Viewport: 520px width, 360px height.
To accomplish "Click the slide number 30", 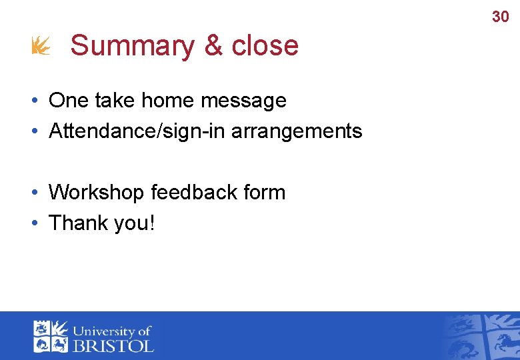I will pyautogui.click(x=500, y=17).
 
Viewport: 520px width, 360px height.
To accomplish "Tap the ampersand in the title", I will pyautogui.click(x=213, y=46).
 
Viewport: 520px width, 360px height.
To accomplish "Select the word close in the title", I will pyautogui.click(x=265, y=46).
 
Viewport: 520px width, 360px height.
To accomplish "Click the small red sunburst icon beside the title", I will pyautogui.click(x=40, y=46).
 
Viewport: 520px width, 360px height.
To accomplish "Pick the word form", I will pyautogui.click(x=265, y=193).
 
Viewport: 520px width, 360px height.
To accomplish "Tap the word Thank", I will pyautogui.click(x=77, y=223).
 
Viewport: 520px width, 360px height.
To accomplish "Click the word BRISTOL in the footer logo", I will pyautogui.click(x=113, y=345).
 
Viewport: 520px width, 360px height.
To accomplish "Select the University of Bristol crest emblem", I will pyautogui.click(x=51, y=336).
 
